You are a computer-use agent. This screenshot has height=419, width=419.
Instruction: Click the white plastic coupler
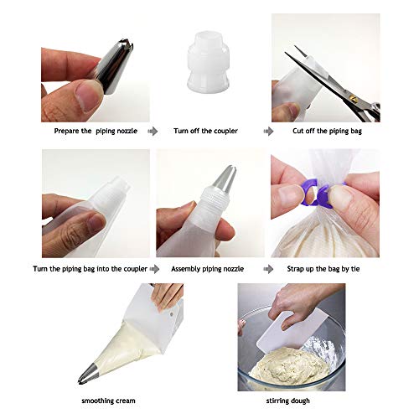tap(208, 61)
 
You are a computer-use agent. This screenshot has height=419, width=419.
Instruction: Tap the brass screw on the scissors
tap(354, 98)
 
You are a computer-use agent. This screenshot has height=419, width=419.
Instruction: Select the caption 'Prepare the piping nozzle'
tap(96, 131)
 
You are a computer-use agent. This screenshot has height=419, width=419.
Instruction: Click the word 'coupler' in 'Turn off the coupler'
tap(225, 131)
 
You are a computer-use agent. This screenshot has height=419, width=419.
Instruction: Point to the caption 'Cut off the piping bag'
tap(327, 131)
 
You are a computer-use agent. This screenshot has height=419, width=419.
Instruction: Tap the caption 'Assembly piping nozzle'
tap(207, 269)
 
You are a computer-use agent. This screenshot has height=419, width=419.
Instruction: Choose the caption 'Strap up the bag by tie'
tap(323, 269)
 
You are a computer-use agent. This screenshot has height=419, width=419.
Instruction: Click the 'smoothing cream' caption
tap(108, 401)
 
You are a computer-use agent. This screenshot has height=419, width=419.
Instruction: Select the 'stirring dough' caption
tap(287, 401)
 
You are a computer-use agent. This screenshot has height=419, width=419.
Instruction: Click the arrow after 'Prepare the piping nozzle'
tap(153, 131)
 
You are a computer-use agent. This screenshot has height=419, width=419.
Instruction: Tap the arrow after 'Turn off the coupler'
tap(268, 131)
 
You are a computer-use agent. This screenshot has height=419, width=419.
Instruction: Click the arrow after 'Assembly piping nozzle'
tap(268, 269)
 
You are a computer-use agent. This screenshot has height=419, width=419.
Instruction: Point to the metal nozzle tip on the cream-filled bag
tap(88, 374)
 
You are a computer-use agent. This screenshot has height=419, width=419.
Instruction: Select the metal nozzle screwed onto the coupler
tap(225, 178)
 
